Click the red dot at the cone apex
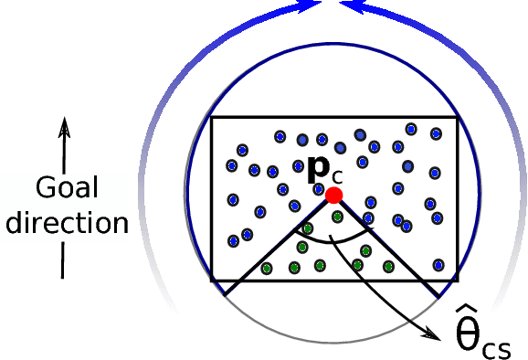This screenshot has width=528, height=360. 334,195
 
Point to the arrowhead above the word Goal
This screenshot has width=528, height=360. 63,126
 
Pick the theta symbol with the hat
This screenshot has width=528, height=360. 470,333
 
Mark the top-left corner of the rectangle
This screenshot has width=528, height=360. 212,118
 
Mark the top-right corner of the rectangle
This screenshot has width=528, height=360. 458,118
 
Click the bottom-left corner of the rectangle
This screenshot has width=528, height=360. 212,280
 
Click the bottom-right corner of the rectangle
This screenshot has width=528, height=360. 458,280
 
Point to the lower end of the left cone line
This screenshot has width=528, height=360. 225,295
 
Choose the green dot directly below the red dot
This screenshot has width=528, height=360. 338,217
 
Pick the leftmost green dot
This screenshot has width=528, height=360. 267,269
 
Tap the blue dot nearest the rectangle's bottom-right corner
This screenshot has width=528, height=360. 439,265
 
